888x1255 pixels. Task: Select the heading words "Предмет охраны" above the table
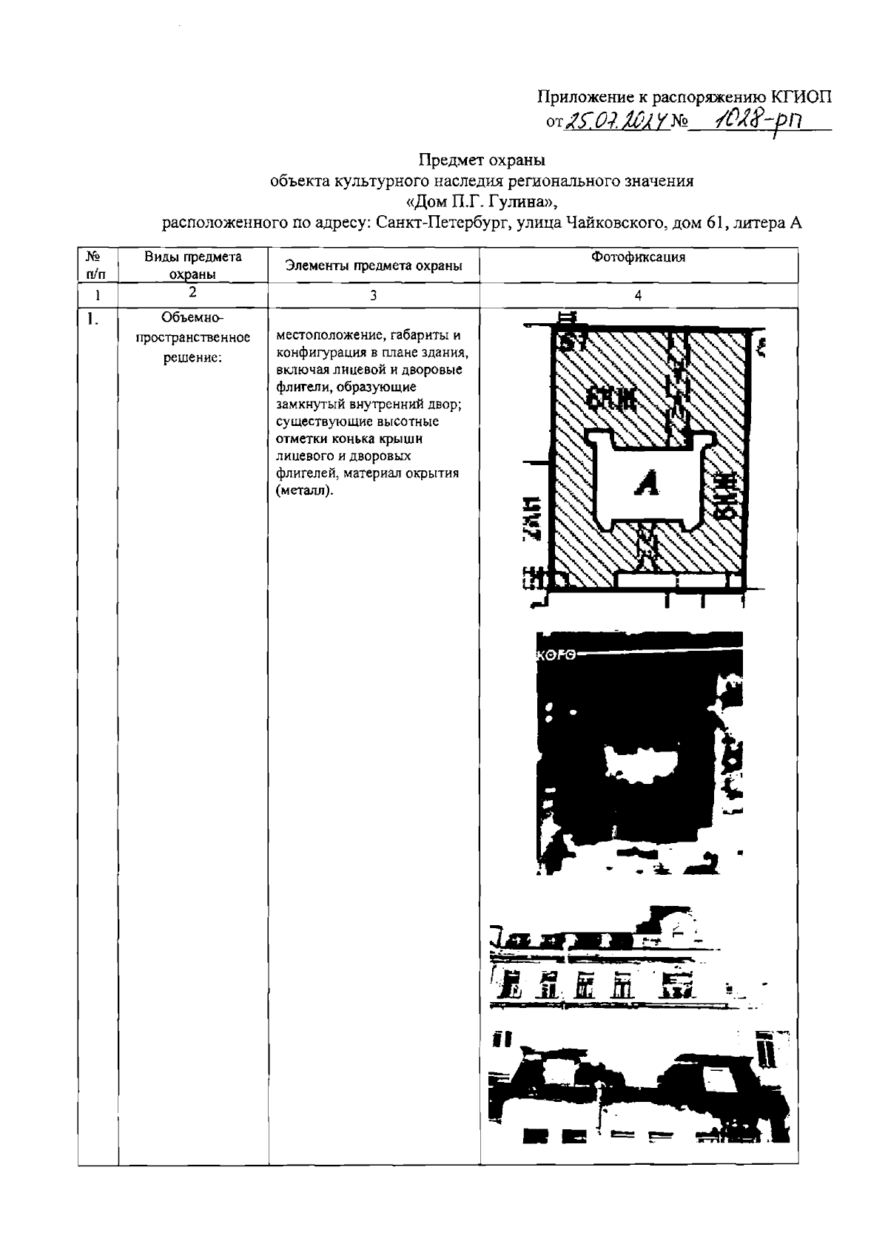pos(482,159)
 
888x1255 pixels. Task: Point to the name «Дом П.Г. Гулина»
pos(481,201)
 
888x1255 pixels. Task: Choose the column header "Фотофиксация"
pos(638,257)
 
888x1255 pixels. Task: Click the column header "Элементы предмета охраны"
pos(374,266)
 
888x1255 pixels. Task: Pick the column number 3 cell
pos(374,295)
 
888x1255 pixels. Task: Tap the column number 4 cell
pos(638,295)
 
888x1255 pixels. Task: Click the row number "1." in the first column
pos(92,319)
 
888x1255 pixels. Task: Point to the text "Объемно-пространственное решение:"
pos(192,338)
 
